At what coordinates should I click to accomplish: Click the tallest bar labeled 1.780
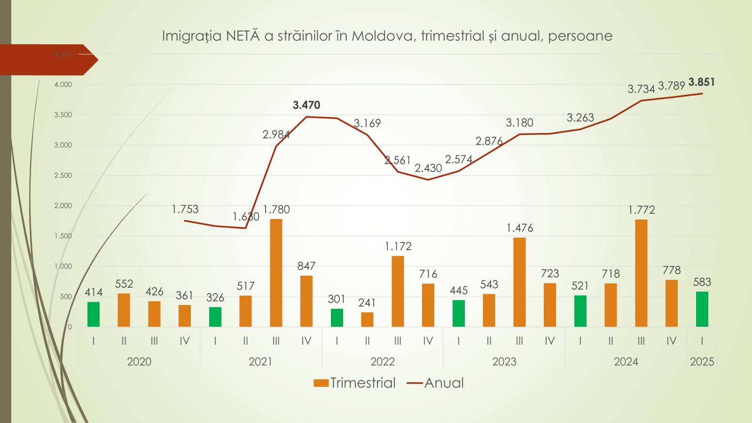pyautogui.click(x=276, y=273)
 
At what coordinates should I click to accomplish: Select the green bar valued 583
pyautogui.click(x=702, y=309)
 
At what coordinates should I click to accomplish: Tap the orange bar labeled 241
pyautogui.click(x=367, y=320)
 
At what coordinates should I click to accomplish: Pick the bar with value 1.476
pyautogui.click(x=519, y=282)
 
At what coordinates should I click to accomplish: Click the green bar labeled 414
pyautogui.click(x=94, y=314)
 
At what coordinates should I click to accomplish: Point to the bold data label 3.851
pyautogui.click(x=701, y=82)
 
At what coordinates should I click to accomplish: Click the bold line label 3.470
pyautogui.click(x=306, y=105)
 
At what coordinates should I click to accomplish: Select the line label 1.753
pyautogui.click(x=185, y=209)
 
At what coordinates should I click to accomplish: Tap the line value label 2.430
pyautogui.click(x=428, y=168)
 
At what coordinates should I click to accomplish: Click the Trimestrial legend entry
pyautogui.click(x=355, y=383)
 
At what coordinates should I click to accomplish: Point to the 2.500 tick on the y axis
pyautogui.click(x=63, y=175)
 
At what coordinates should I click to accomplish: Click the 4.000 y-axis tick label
pyautogui.click(x=63, y=85)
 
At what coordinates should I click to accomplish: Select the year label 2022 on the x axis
pyautogui.click(x=383, y=361)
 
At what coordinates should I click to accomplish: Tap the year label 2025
pyautogui.click(x=702, y=361)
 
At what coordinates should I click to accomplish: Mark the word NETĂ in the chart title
pyautogui.click(x=243, y=36)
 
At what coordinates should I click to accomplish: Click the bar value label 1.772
pyautogui.click(x=642, y=210)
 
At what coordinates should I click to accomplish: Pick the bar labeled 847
pyautogui.click(x=306, y=301)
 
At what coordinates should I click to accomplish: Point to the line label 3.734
pyautogui.click(x=641, y=89)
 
